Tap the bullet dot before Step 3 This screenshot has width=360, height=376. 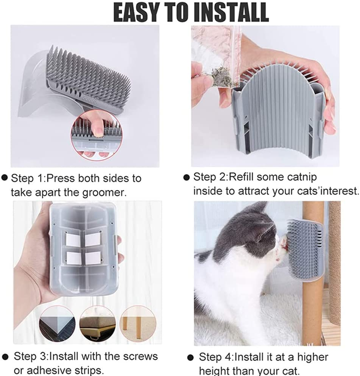pyautogui.click(x=6, y=357)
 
